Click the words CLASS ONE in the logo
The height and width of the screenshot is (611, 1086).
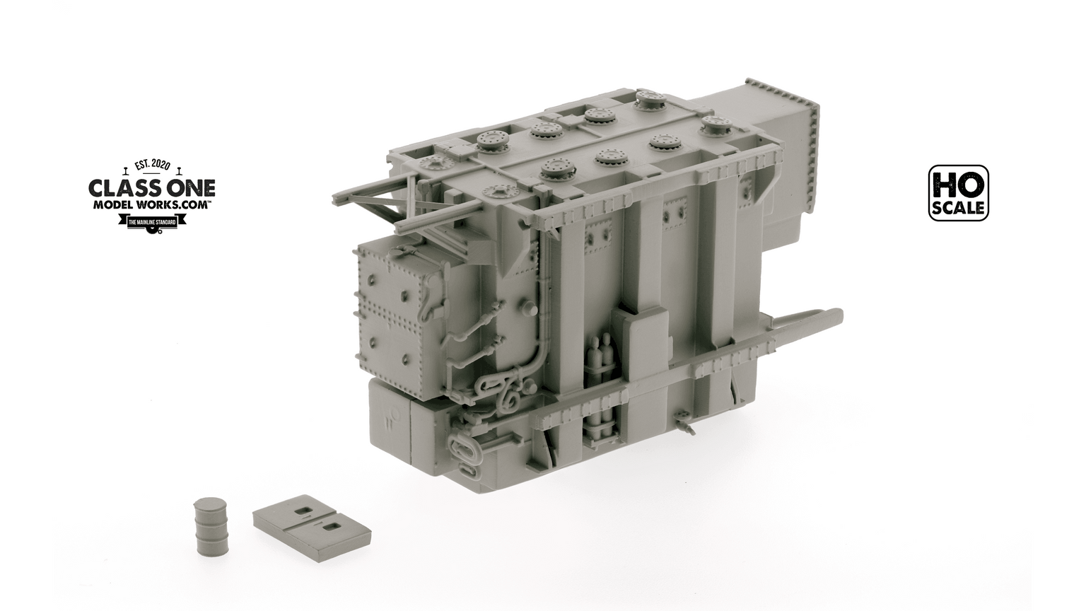[x=151, y=188]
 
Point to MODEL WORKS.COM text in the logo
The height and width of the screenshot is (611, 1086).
[x=151, y=204]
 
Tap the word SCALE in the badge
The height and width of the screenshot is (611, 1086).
[x=959, y=208]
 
